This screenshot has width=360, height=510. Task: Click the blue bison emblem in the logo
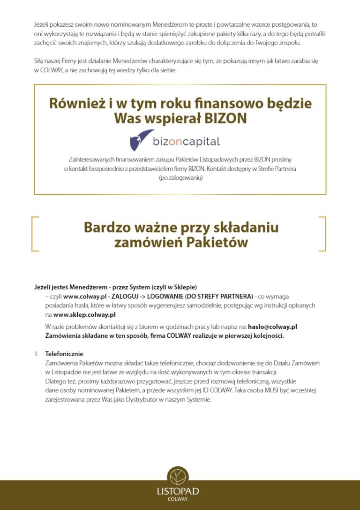point(142,140)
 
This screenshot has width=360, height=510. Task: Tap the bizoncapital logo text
point(186,141)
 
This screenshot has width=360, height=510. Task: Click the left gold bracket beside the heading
point(35,233)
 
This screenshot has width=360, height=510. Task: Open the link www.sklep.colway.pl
point(84,314)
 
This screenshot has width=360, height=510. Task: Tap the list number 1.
point(36,353)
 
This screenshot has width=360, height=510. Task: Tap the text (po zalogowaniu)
point(180,178)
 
